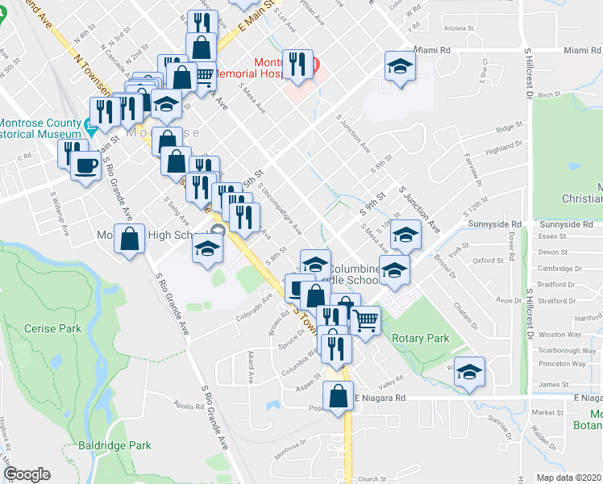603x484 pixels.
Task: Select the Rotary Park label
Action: (x=421, y=339)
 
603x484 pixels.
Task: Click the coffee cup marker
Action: (x=85, y=166)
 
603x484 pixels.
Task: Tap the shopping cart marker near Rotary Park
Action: (x=365, y=320)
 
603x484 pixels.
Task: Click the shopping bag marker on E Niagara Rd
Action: (x=338, y=396)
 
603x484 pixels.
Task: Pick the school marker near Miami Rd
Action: (x=398, y=66)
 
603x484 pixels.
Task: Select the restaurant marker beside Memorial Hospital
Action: (x=298, y=64)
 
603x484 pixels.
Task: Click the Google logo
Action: (x=27, y=475)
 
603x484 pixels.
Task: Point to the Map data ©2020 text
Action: (x=569, y=478)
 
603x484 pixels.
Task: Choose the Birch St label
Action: (x=549, y=94)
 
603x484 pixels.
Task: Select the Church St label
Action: (x=373, y=479)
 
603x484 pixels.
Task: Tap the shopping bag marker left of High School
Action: (x=129, y=240)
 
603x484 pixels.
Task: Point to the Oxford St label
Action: (x=489, y=261)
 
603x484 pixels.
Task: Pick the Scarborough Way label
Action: (x=567, y=351)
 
